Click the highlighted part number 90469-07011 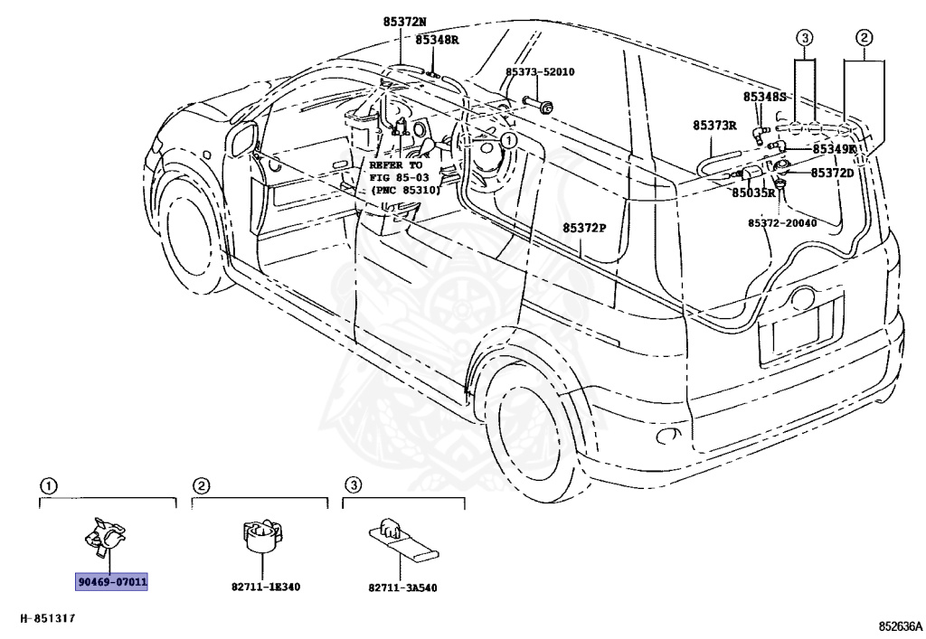pos(112,582)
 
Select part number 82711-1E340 pos(266,587)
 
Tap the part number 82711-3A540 pos(402,587)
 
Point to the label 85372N pos(404,22)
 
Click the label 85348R pos(437,40)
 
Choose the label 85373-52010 pos(540,72)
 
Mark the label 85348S pos(765,97)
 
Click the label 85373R pos(714,125)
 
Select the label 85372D pos(832,173)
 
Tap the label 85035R pos(753,193)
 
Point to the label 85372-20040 pos(782,223)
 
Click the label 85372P pos(584,228)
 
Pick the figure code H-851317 pos(48,618)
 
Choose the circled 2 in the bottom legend pos(202,486)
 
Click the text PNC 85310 pos(406,191)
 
